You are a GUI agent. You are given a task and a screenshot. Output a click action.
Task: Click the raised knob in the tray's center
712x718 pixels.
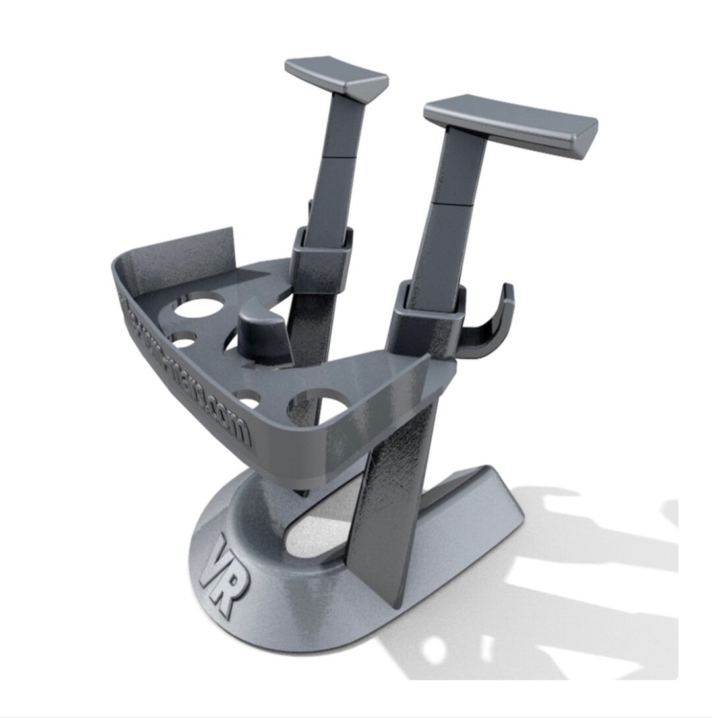(x=262, y=330)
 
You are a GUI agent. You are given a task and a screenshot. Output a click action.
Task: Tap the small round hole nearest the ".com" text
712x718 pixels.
(x=249, y=398)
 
